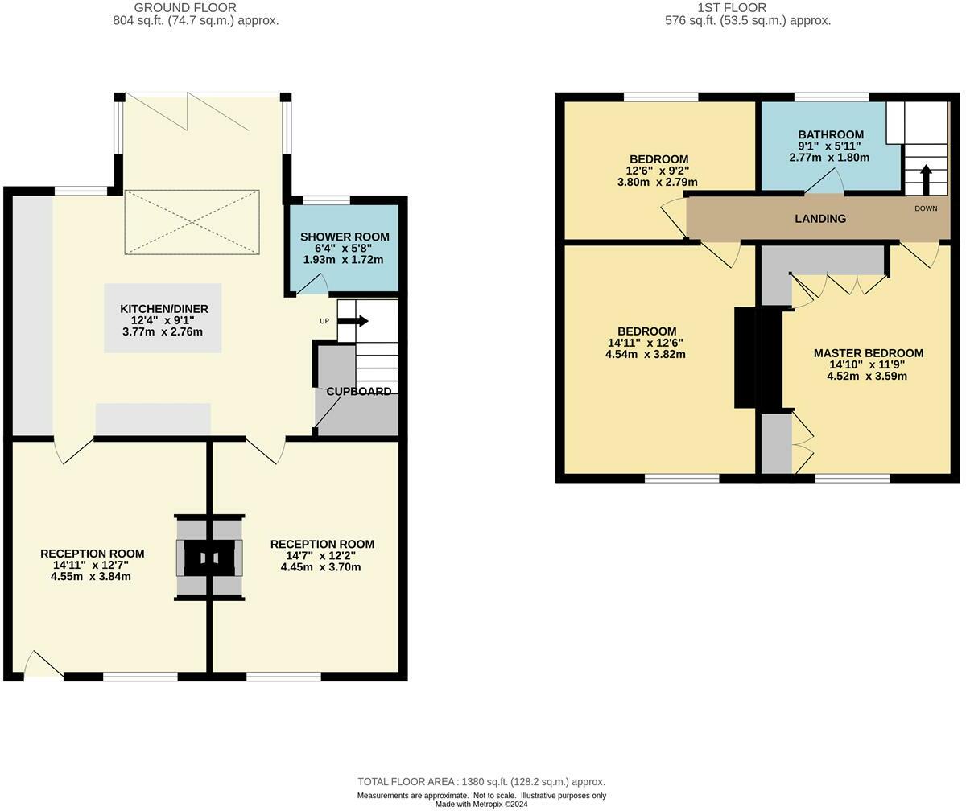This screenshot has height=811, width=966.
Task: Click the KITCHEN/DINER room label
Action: click(164, 309)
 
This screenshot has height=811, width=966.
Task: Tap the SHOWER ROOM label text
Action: click(345, 237)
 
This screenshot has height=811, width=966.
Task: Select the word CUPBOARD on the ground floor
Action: click(359, 392)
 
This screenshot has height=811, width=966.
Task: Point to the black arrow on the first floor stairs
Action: click(926, 180)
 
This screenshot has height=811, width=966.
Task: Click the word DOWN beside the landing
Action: click(926, 208)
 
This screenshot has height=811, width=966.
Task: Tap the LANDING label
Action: click(820, 219)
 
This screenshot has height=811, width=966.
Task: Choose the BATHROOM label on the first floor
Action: click(831, 134)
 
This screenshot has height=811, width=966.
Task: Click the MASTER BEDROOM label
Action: click(869, 353)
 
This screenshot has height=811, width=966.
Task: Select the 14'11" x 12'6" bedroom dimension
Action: click(646, 343)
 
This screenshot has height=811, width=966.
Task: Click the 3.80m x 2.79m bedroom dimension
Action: click(658, 182)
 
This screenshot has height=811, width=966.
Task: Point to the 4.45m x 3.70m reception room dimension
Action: click(320, 567)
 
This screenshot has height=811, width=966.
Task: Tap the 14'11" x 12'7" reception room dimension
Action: click(91, 565)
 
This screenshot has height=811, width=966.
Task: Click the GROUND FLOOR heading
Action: click(185, 8)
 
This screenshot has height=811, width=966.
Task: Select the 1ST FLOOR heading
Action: click(732, 8)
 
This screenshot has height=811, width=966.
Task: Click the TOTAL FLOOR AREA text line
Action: click(481, 781)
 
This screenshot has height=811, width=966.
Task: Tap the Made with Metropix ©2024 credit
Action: click(481, 804)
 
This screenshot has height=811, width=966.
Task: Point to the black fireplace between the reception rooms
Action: click(209, 558)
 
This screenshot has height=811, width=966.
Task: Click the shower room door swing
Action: click(313, 283)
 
